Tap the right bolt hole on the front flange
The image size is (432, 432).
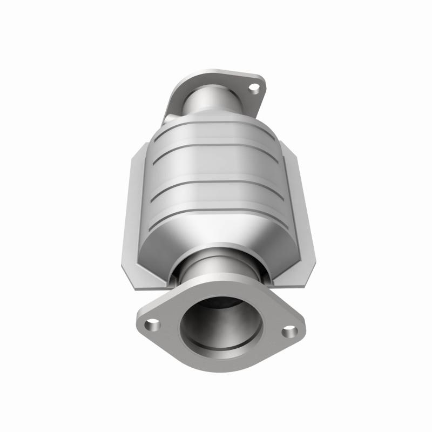(290, 330)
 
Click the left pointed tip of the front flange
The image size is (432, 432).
(138, 322)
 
